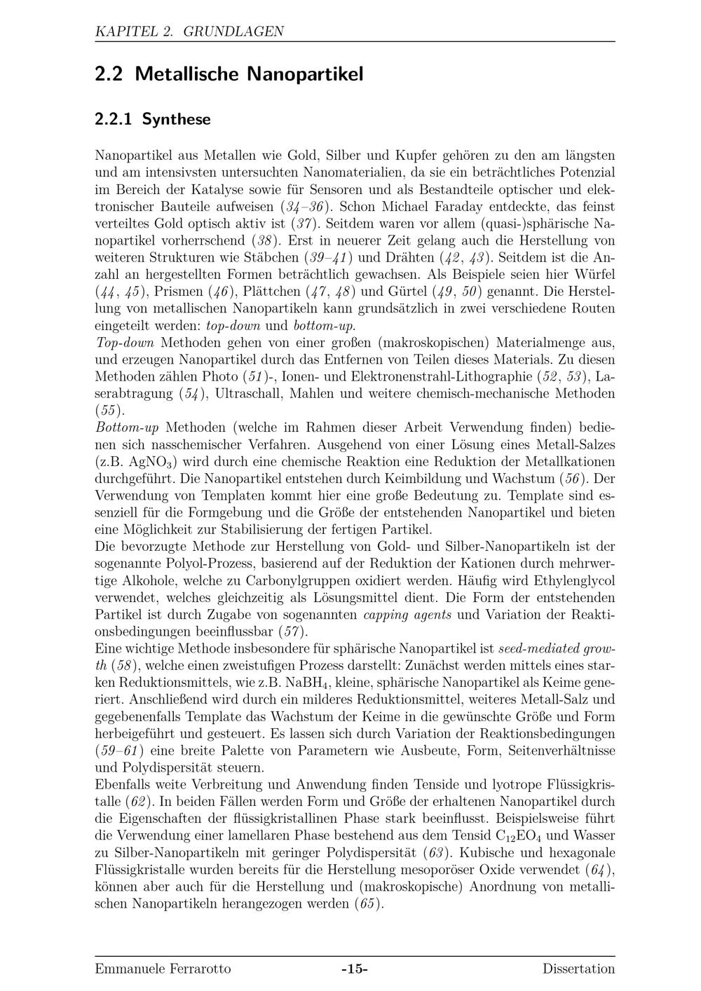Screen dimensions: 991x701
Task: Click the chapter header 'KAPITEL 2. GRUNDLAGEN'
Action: pyautogui.click(x=189, y=32)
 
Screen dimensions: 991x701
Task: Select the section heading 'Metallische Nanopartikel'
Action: pyautogui.click(x=249, y=74)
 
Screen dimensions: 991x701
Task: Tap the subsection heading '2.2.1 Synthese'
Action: pyautogui.click(x=153, y=120)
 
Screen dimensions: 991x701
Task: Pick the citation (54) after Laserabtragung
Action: pyautogui.click(x=189, y=394)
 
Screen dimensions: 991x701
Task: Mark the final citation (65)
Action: pyautogui.click(x=369, y=903)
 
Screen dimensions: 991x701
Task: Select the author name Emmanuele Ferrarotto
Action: pyautogui.click(x=163, y=969)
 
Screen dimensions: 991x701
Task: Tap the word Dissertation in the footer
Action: pyautogui.click(x=578, y=969)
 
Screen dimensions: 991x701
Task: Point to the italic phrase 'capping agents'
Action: pyautogui.click(x=407, y=615)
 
